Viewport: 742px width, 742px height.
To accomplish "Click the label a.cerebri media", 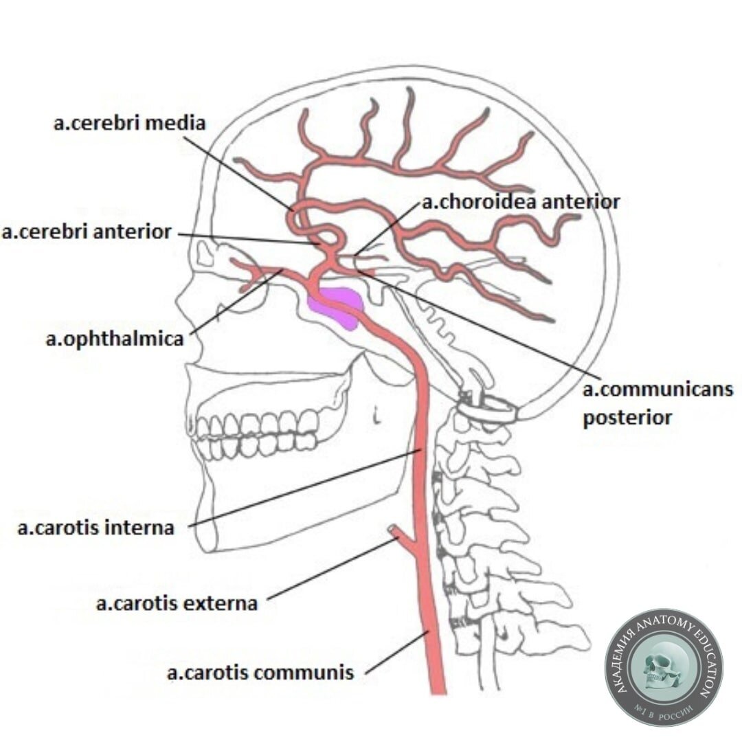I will (130, 124).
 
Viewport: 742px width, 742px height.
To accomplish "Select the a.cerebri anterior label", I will (87, 232).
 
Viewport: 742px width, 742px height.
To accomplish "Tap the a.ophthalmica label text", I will (115, 339).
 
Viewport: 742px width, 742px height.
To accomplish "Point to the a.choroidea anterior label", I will (520, 202).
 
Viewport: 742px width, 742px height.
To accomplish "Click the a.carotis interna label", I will (95, 528).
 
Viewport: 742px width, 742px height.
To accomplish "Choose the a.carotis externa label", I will (177, 604).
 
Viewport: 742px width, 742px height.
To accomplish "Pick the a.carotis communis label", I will (260, 672).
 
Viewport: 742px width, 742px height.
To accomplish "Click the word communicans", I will (657, 390).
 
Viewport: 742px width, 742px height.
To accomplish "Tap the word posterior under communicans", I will (627, 417).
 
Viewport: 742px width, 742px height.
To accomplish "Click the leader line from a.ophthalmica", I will (237, 302).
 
